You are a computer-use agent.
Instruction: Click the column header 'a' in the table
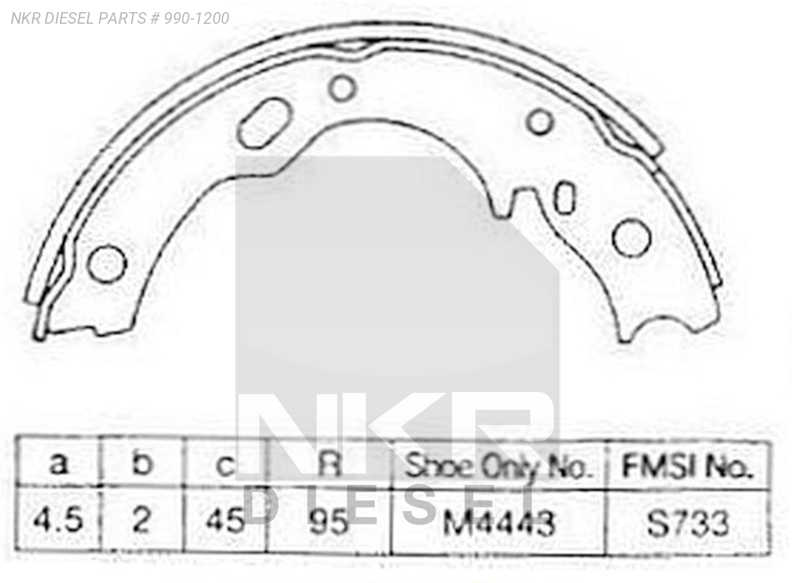[59, 464]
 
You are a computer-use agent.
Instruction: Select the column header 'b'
[142, 464]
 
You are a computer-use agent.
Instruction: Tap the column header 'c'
[225, 465]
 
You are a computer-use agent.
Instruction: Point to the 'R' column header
[331, 465]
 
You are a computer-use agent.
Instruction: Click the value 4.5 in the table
[58, 520]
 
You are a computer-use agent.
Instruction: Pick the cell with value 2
[142, 520]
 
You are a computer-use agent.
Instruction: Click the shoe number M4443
[499, 523]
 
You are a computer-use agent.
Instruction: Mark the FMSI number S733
[687, 523]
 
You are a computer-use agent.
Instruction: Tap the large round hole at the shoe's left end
[107, 264]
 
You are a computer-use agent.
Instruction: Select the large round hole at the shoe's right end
[631, 237]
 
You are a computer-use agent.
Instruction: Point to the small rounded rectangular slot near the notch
[565, 198]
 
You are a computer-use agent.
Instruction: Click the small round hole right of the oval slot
[342, 88]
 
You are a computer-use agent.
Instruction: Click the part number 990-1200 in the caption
[196, 18]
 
